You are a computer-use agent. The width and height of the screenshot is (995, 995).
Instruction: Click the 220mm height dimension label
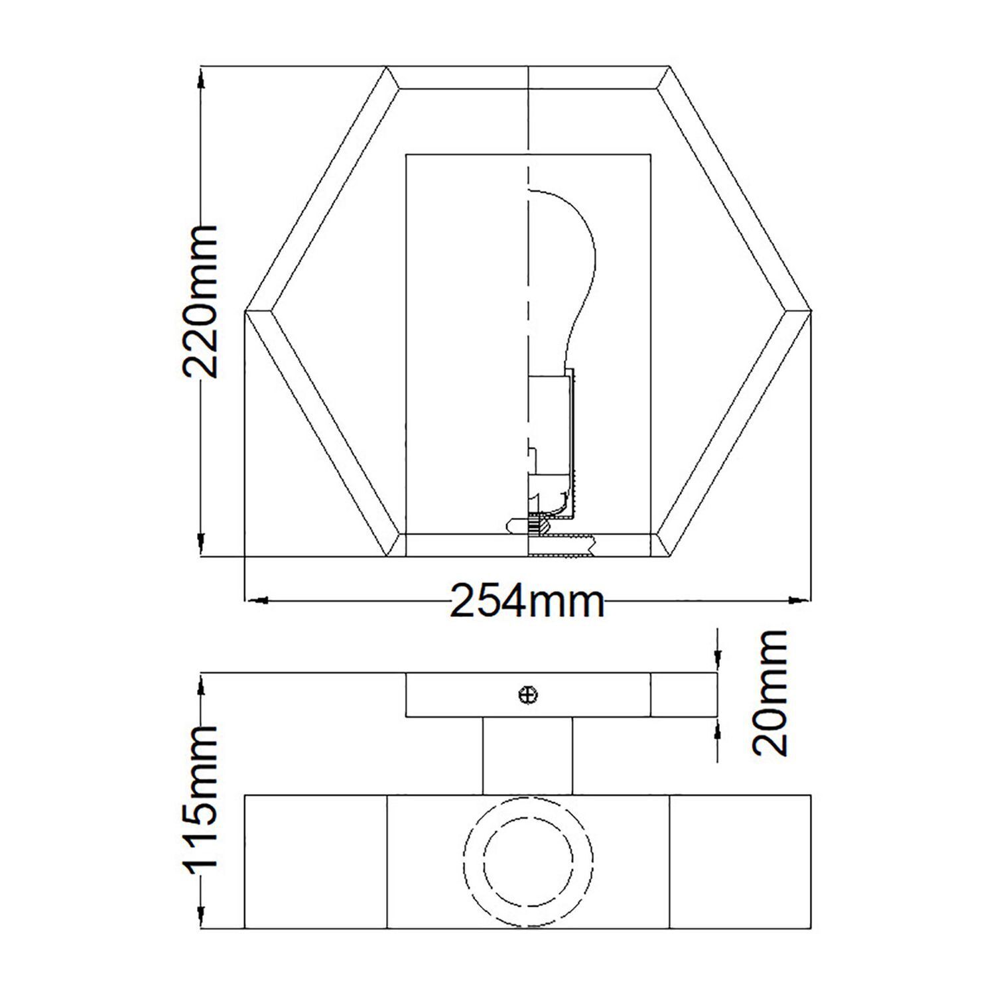click(x=199, y=302)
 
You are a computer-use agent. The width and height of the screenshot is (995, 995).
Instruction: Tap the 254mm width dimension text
click(x=527, y=601)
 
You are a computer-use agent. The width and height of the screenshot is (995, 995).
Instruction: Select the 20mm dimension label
click(x=771, y=693)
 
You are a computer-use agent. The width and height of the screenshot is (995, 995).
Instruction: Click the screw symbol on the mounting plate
click(x=528, y=695)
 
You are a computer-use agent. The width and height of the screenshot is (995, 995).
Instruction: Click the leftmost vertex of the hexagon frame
click(x=247, y=310)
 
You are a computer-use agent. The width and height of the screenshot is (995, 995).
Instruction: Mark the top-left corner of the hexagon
click(x=387, y=67)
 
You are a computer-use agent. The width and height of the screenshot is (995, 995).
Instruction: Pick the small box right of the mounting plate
click(x=683, y=695)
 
